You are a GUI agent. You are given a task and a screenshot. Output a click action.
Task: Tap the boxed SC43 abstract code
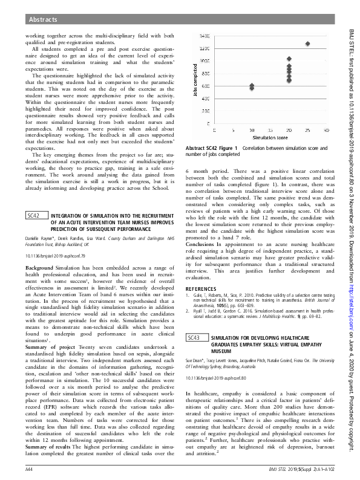click(x=195, y=337)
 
